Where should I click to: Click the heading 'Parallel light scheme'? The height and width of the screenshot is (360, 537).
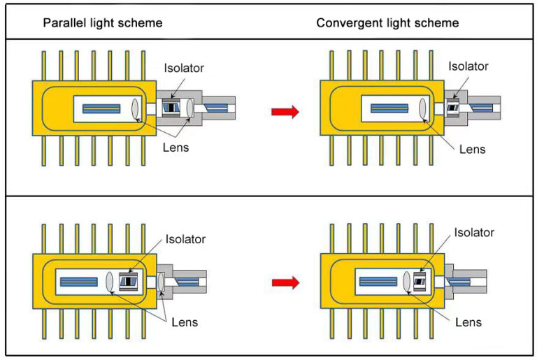(x=103, y=22)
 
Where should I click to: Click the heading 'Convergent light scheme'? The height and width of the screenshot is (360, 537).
(x=387, y=22)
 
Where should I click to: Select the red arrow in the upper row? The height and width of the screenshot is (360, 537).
(x=285, y=111)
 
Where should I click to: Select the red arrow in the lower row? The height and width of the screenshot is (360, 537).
(x=285, y=282)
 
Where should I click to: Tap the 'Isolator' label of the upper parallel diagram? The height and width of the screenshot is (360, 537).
(x=185, y=68)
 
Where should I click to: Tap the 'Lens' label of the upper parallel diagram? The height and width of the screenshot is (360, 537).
(x=176, y=147)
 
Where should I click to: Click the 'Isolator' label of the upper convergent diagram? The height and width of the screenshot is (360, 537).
(x=468, y=66)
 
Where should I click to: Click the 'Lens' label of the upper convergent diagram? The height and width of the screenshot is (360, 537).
(x=472, y=149)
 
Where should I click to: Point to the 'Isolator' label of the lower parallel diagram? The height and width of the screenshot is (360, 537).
(x=185, y=239)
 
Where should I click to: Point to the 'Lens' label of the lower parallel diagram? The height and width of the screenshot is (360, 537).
(x=185, y=322)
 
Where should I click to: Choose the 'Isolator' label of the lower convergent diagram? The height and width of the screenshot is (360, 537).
(x=474, y=232)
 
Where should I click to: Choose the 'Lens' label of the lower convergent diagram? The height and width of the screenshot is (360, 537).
(x=468, y=322)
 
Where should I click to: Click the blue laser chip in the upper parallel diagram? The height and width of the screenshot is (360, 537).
(x=102, y=108)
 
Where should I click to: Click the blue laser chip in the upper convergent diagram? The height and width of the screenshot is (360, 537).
(x=389, y=108)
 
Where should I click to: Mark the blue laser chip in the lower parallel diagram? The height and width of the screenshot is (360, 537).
(x=78, y=282)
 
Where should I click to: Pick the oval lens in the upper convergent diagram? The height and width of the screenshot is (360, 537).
(x=423, y=108)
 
